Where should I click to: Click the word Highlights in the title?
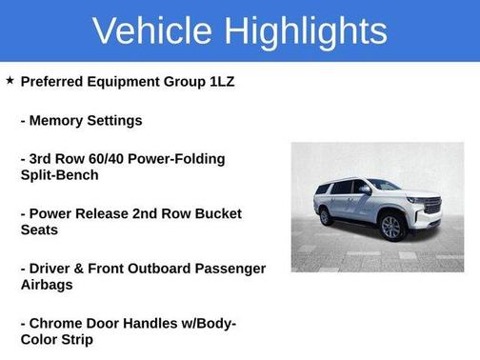point(306,30)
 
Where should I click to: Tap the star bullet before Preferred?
point(10,81)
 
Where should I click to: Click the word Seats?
point(40,230)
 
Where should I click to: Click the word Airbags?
point(48,285)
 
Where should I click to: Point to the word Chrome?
point(58,323)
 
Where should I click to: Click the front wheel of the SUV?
point(390,227)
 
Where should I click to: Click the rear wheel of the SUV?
point(327,218)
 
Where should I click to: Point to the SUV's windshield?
point(383,185)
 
